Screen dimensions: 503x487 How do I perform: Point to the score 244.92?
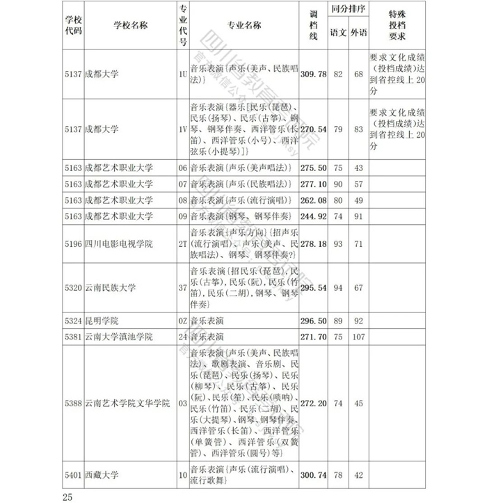313,216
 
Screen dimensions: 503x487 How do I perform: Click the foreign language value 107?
358,337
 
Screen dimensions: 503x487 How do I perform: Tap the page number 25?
67,496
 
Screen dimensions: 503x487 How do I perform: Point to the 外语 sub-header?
358,32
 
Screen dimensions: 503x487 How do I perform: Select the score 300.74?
313,474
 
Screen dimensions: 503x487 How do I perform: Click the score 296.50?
313,321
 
